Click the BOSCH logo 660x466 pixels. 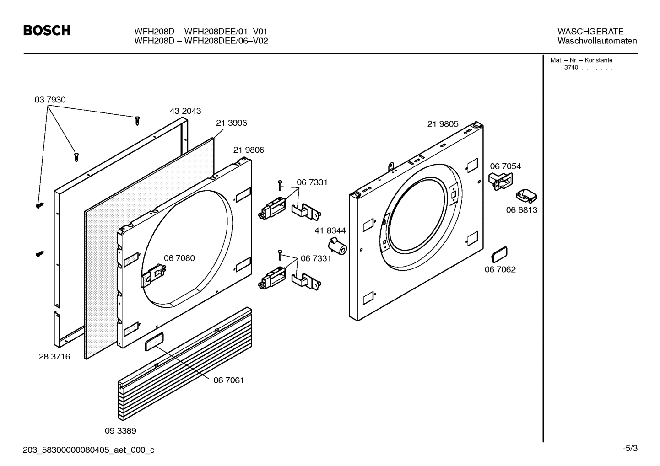(47, 31)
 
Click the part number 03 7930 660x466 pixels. (50, 100)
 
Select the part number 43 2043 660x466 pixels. (185, 111)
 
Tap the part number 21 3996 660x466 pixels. (231, 123)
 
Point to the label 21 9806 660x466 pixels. (249, 150)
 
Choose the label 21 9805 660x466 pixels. (443, 124)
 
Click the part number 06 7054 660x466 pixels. (505, 166)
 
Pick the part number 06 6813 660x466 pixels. (521, 210)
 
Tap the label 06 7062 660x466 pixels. (500, 270)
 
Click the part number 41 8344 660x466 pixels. (330, 231)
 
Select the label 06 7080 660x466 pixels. (179, 258)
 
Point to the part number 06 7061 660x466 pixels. (228, 380)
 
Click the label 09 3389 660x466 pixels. (120, 431)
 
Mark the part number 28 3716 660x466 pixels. (54, 357)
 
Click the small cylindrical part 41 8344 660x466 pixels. (338, 247)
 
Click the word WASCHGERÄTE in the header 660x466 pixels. (590, 32)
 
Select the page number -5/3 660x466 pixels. (630, 449)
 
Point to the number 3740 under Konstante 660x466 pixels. (571, 68)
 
